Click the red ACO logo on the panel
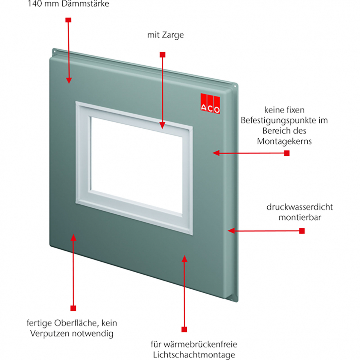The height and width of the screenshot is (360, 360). click(210, 103)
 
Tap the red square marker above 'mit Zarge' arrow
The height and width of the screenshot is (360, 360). click(162, 55)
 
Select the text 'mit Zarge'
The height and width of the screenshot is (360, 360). click(166, 35)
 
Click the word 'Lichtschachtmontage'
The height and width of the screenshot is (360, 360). click(194, 355)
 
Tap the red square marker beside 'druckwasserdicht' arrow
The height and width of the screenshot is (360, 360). click(302, 231)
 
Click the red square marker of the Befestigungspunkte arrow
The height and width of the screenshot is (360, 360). click(287, 153)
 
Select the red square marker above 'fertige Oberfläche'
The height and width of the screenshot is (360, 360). click(73, 308)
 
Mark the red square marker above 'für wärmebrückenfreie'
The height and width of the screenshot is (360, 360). click(184, 329)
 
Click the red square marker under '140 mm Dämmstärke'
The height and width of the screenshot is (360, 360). click(68, 20)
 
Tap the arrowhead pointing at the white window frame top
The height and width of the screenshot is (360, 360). click(162, 126)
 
